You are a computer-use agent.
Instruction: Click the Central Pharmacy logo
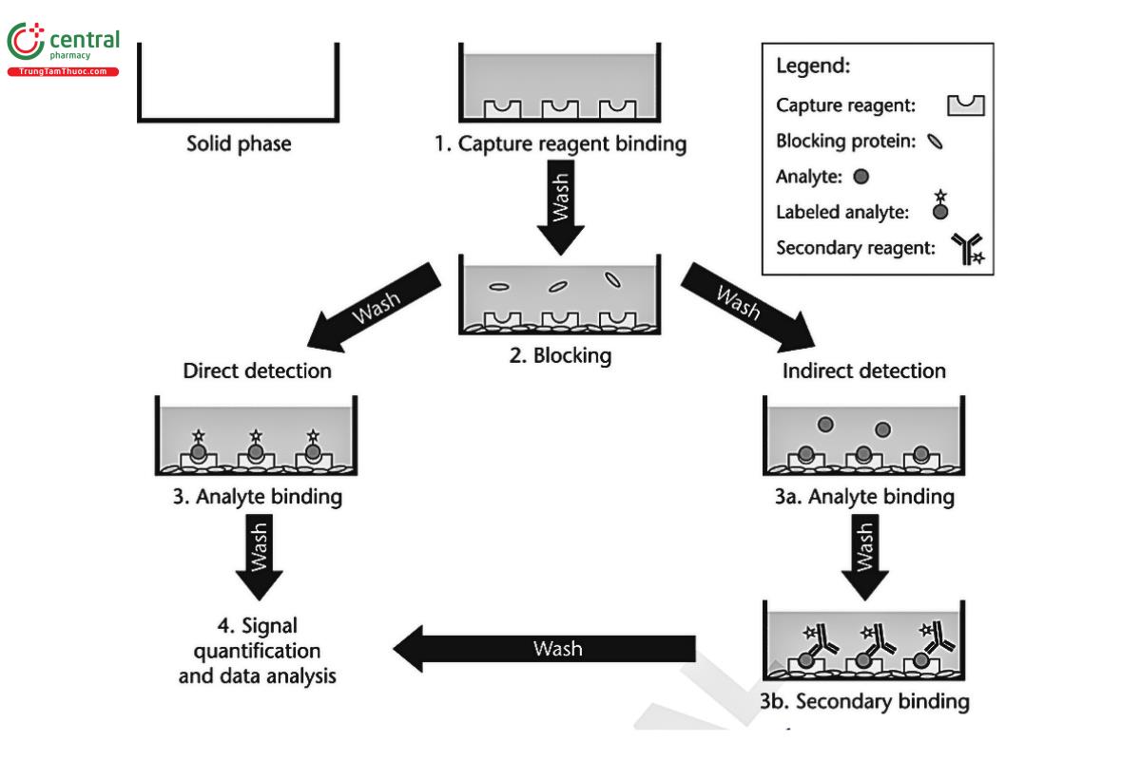tap(63, 49)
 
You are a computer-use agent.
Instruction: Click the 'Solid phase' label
tap(239, 145)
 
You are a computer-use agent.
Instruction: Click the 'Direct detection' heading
tap(258, 370)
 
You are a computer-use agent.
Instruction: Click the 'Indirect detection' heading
tap(863, 370)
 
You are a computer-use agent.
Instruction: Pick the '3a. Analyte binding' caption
tap(863, 497)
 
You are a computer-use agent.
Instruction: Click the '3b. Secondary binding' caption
tap(863, 702)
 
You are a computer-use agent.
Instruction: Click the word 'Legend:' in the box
tap(813, 67)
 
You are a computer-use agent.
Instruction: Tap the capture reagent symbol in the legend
tap(965, 105)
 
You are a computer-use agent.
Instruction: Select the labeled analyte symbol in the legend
tap(940, 206)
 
